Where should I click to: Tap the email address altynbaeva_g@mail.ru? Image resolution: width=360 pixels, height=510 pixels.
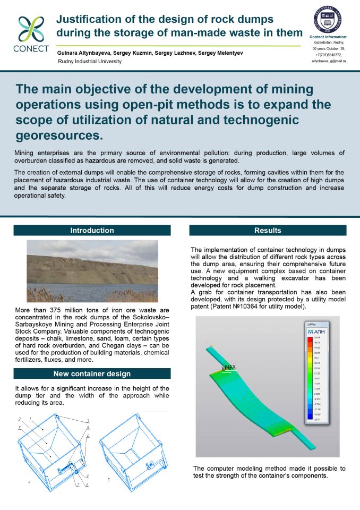pos(328,61)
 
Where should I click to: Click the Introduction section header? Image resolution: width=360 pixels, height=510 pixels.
pos(92,231)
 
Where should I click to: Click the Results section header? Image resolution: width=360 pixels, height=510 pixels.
pos(268,231)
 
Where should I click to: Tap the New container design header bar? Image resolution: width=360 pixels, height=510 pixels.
pos(92,374)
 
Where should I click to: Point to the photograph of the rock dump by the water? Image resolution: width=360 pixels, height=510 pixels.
pos(92,271)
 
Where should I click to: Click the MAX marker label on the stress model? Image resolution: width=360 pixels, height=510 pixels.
pos(230,367)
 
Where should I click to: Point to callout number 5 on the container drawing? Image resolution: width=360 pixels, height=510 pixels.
pos(20,427)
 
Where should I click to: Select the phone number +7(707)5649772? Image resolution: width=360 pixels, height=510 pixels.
pos(328,55)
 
